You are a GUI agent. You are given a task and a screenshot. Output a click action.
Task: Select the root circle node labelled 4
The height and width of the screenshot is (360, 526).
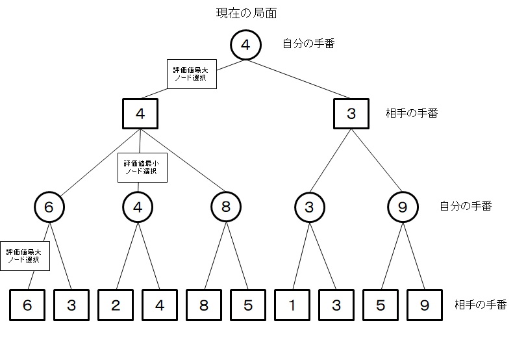pyautogui.click(x=245, y=45)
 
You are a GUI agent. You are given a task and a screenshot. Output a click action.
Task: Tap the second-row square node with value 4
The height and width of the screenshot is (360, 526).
pyautogui.click(x=140, y=114)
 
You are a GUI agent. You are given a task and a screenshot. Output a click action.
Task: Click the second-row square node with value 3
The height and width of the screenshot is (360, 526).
pyautogui.click(x=351, y=114)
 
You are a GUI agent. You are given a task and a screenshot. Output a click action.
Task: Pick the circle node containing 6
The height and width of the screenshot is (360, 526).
pyautogui.click(x=49, y=207)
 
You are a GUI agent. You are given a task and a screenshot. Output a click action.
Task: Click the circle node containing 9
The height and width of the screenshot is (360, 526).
pyautogui.click(x=403, y=207)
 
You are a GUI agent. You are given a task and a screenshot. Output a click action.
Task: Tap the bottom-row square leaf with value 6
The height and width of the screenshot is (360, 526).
pyautogui.click(x=27, y=305)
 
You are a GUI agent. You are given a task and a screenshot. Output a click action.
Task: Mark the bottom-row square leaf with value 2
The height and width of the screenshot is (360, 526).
pyautogui.click(x=115, y=305)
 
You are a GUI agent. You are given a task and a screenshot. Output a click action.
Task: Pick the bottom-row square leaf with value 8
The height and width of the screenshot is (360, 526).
pyautogui.click(x=204, y=305)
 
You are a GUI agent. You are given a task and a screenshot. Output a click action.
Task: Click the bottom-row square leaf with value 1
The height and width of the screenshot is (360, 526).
pyautogui.click(x=292, y=305)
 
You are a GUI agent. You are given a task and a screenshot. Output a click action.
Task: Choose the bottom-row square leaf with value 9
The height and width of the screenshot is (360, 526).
pyautogui.click(x=424, y=305)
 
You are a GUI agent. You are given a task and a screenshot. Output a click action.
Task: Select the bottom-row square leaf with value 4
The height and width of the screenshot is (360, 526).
pyautogui.click(x=159, y=305)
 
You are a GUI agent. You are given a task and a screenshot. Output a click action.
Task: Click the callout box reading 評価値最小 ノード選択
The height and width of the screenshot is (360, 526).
pyautogui.click(x=142, y=168)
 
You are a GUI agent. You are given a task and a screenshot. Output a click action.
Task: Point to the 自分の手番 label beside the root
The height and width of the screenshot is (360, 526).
pyautogui.click(x=308, y=44)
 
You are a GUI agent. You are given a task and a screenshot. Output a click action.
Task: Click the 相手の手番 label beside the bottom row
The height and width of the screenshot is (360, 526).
pyautogui.click(x=480, y=305)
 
